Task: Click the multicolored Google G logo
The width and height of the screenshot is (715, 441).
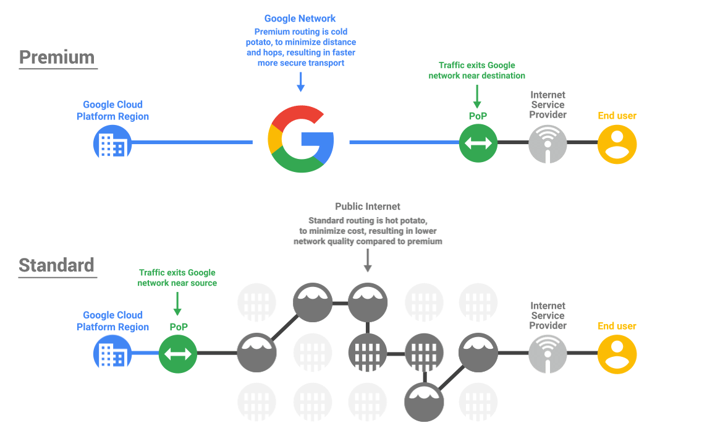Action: point(301,139)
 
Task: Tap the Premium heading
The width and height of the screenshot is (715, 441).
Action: point(57,58)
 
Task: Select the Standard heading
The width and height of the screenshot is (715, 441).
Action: point(57,265)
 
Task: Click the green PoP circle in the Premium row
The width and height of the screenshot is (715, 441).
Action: point(479,143)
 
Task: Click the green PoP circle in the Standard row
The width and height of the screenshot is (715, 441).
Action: point(178,354)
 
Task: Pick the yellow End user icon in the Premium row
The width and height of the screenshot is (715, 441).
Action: point(617,143)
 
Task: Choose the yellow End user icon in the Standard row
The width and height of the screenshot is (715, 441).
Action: point(617,354)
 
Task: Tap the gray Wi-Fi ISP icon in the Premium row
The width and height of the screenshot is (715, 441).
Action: point(548,143)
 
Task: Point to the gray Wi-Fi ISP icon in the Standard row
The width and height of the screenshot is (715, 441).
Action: point(548,354)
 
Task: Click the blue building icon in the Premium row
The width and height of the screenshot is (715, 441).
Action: point(112,143)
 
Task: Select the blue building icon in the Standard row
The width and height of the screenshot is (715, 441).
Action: point(112,354)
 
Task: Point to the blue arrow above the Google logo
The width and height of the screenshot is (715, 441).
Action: point(301,82)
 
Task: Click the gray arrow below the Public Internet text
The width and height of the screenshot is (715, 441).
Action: point(368,260)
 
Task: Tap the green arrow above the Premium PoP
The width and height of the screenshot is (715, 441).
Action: point(477,96)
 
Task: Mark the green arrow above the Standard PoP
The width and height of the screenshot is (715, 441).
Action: point(177,304)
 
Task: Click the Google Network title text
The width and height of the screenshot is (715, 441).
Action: point(300,19)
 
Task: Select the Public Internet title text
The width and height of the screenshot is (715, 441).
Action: point(368,207)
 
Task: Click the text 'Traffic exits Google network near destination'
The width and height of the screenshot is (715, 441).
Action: point(476,70)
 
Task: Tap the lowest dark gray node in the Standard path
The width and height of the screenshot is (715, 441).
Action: point(424,401)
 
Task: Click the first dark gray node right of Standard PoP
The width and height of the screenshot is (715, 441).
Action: point(257,354)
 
